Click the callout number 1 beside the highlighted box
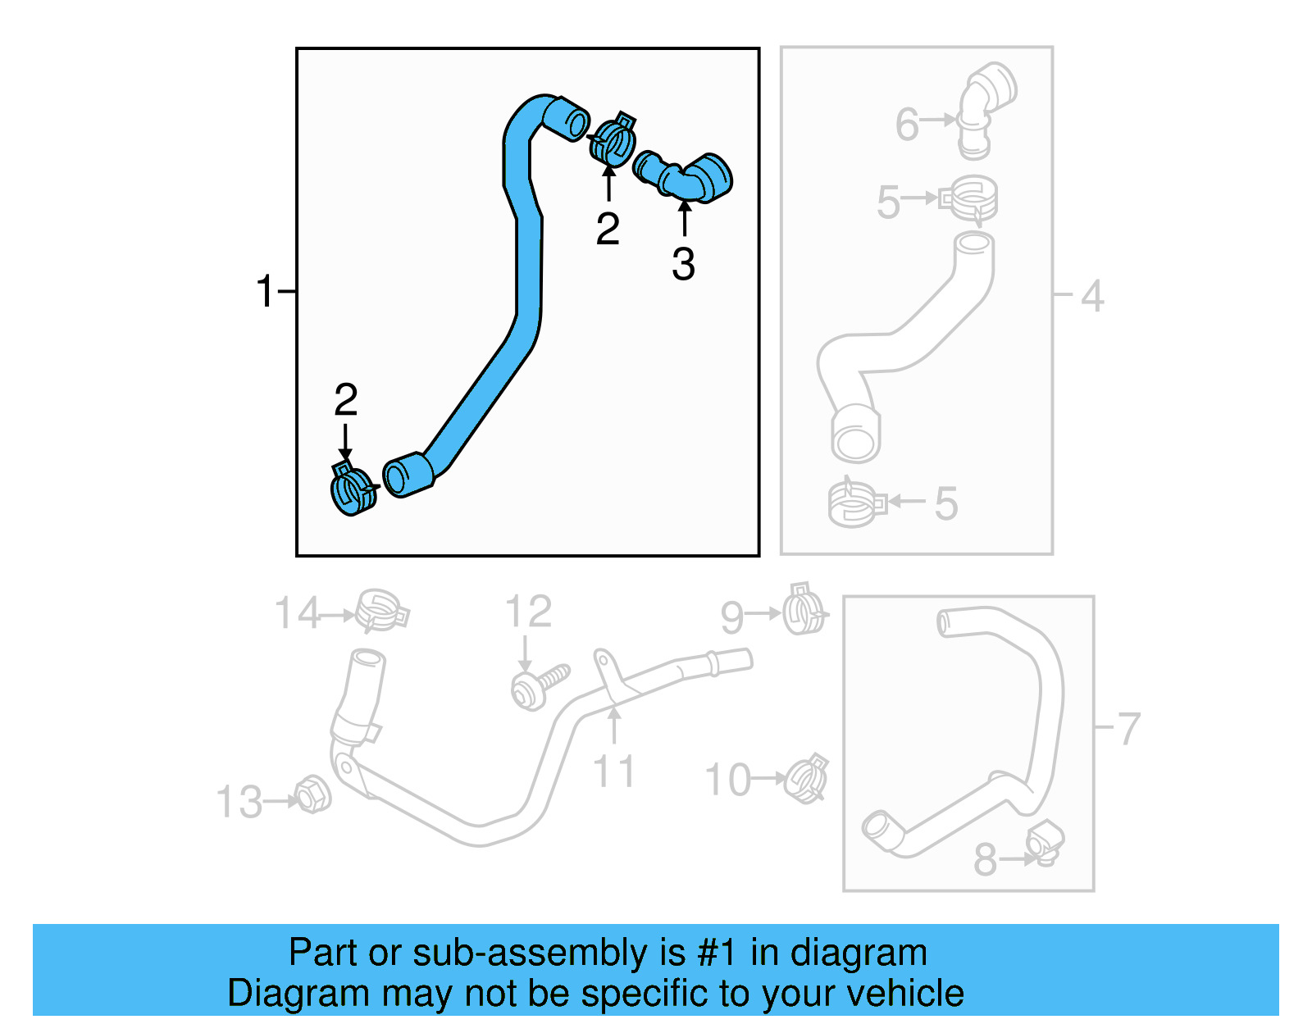coord(264,292)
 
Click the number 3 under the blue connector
coord(683,265)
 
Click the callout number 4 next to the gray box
coord(1091,295)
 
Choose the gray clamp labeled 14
coord(380,610)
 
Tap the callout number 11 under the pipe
coord(613,771)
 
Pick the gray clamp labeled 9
coord(804,610)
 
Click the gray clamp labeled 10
coord(806,779)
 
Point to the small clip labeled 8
coord(1044,843)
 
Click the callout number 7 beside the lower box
coord(1129,728)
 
